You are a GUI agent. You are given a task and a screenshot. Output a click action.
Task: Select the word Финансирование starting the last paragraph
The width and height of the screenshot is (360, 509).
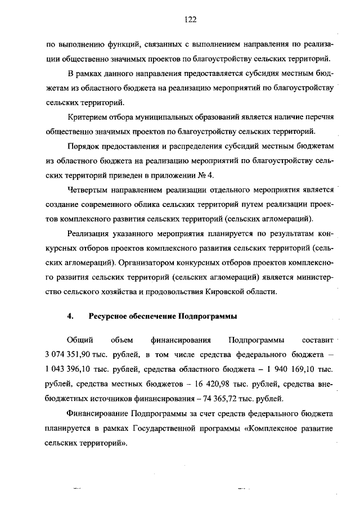(x=97, y=414)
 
